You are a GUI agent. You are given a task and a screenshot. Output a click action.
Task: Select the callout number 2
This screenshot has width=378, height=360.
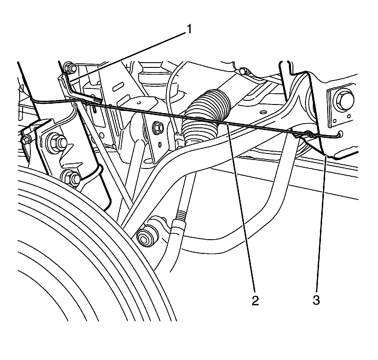pos(255,300)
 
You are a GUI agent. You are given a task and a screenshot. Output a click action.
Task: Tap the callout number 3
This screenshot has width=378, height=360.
pos(316,300)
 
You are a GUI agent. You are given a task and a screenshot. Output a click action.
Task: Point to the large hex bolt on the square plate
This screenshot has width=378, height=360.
pos(342,99)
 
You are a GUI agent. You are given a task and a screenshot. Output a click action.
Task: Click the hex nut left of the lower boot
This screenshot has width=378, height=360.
pos(158,128)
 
